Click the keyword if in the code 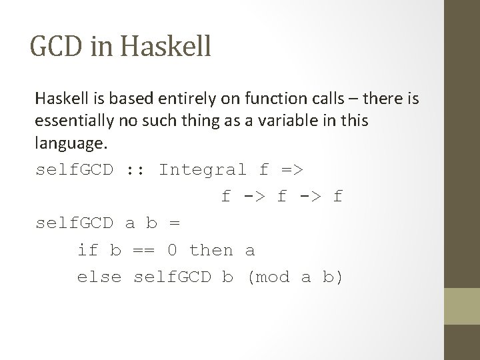(87, 251)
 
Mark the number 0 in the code (173, 251)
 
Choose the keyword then (211, 251)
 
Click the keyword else (99, 277)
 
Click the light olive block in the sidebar (461, 306)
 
